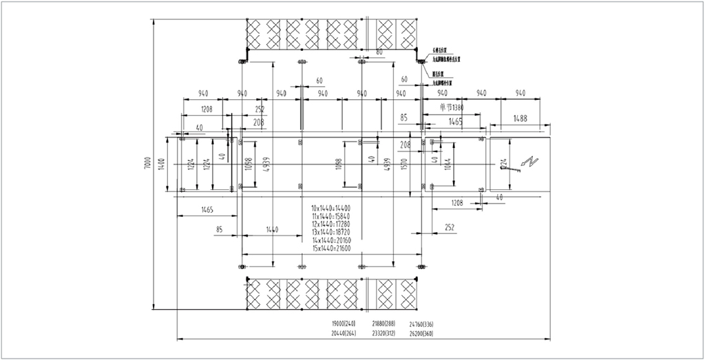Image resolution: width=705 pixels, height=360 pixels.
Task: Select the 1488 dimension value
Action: click(520, 119)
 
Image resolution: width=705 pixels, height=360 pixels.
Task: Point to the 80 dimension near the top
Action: click(379, 52)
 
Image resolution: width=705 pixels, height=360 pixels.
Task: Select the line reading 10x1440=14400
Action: click(331, 207)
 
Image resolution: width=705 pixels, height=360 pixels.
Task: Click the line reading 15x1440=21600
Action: click(331, 248)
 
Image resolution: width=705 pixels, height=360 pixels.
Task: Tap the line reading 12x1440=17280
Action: click(331, 224)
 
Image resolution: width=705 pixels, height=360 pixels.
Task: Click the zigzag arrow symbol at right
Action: click(529, 164)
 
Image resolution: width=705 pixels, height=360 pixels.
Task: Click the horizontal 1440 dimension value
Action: click(272, 229)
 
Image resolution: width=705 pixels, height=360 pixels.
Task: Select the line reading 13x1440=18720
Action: click(331, 232)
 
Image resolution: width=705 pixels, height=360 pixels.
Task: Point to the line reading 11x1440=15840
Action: click(331, 215)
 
